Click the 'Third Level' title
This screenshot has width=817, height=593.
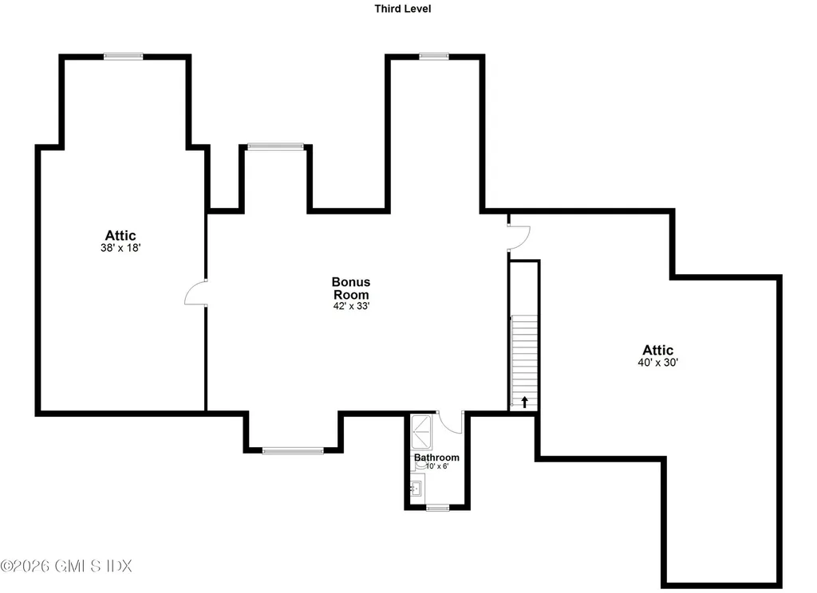coord(402,8)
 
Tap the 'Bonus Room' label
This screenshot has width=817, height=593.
coord(351,288)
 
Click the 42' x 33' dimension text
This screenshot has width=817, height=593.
coord(351,306)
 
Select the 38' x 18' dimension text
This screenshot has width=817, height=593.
coord(120,248)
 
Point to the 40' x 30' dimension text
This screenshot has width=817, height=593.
coord(657,363)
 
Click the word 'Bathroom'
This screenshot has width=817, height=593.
coord(436,458)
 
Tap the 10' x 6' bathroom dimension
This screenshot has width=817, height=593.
coord(436,466)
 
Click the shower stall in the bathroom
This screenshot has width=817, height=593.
coord(421,432)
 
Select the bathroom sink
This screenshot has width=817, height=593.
coord(416,489)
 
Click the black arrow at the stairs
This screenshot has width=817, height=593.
coord(525,402)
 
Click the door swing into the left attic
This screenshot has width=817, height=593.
coord(195,293)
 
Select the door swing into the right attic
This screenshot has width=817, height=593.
coord(519,238)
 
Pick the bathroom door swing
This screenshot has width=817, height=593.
coord(450,422)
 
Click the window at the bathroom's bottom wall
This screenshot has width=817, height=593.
coord(437,508)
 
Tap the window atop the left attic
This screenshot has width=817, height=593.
coord(123,57)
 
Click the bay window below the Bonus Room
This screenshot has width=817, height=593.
coord(293,450)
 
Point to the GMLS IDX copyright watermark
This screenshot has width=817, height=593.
coord(66,565)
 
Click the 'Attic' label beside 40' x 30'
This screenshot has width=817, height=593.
coord(657,350)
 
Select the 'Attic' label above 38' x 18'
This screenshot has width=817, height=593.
coord(120,235)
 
